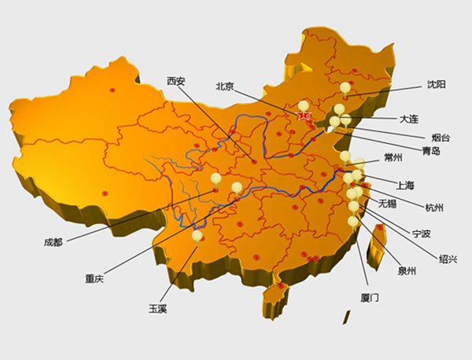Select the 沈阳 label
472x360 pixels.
435,84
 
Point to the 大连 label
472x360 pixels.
409,119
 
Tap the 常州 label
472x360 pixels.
393,158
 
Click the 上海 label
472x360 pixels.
406,186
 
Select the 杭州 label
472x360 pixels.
433,208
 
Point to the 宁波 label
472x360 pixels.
422,233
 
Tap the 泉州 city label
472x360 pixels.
407,272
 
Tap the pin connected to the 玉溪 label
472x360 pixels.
197,235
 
